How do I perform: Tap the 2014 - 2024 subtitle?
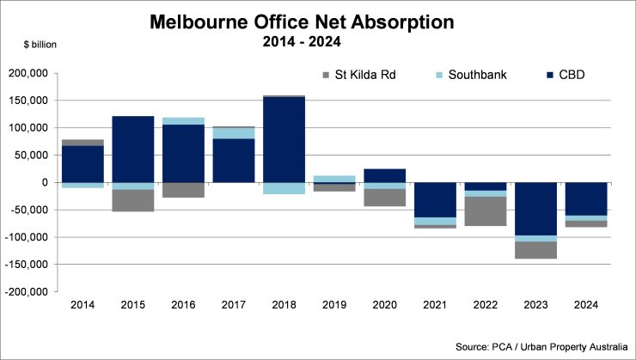point(317,40)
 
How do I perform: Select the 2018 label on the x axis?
point(284,305)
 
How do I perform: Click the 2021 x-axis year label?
point(436,305)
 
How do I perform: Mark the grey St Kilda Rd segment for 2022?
point(486,211)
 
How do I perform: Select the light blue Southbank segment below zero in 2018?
point(284,188)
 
